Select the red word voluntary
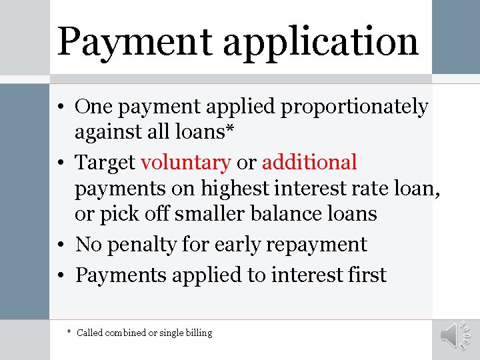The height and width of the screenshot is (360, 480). point(185,162)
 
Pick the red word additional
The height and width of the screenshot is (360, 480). point(309,162)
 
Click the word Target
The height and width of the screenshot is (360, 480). point(105,162)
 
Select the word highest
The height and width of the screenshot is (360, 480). point(229,189)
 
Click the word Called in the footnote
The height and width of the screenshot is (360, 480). point(90,332)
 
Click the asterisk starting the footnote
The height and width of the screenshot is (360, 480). point(69,331)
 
